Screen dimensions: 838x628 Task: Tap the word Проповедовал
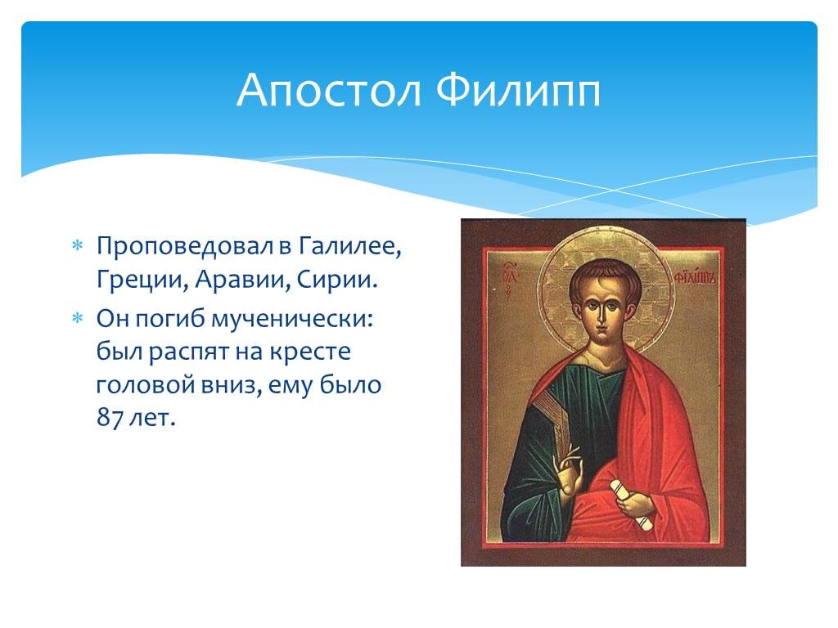186,247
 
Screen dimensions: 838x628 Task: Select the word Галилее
349,246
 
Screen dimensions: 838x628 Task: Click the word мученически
292,320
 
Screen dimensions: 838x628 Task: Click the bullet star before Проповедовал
78,246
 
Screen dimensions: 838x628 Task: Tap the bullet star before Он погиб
78,319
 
